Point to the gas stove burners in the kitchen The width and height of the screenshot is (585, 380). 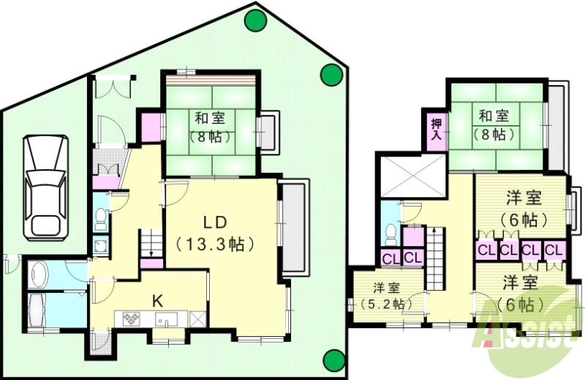click(132, 320)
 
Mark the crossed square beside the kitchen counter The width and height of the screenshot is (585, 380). click(197, 320)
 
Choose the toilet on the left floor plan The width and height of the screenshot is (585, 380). click(100, 217)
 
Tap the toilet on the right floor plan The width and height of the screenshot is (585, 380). click(390, 234)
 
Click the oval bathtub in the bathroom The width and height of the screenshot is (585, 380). click(40, 275)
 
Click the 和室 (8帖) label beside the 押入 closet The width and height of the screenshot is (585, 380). click(494, 124)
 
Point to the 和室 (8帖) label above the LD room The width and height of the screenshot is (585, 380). click(211, 125)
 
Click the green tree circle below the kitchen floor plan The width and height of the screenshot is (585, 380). click(333, 359)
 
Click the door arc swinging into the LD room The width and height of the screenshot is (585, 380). click(174, 193)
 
